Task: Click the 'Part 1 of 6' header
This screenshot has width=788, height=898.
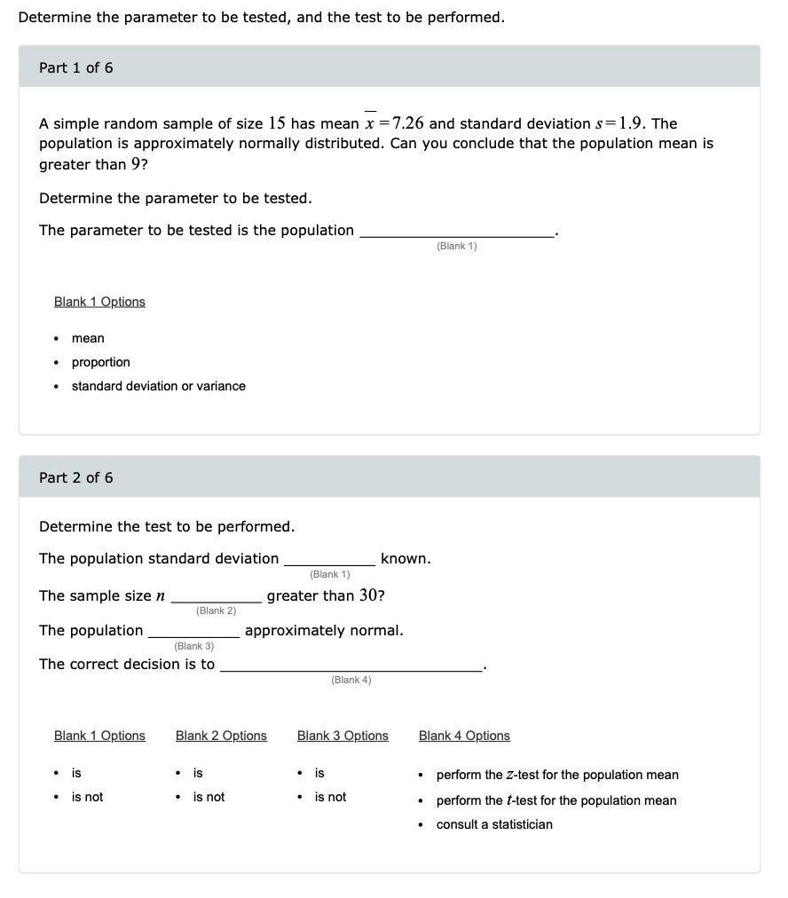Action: point(76,68)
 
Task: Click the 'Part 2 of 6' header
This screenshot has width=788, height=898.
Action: point(76,478)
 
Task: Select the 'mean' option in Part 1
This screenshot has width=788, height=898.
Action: point(88,338)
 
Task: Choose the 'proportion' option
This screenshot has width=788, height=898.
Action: point(100,362)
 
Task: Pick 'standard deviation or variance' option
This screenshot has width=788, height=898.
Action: point(158,386)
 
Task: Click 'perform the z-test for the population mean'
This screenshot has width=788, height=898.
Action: point(556,775)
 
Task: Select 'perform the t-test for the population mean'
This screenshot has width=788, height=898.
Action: point(556,800)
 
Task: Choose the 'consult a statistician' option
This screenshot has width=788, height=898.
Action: point(493,824)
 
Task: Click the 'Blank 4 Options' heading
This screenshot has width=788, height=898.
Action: point(464,736)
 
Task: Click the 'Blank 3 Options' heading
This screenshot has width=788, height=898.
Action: point(343,736)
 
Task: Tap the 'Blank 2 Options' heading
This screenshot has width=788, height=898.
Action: point(221,736)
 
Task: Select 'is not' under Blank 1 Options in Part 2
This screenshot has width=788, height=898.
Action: point(87,797)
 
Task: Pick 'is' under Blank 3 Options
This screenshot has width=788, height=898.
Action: point(319,773)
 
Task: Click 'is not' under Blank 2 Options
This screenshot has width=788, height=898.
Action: point(209,797)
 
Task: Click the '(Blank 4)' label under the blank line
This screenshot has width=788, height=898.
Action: point(351,680)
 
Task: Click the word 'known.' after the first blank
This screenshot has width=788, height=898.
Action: point(406,559)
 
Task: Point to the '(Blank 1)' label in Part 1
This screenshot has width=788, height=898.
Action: point(456,246)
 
